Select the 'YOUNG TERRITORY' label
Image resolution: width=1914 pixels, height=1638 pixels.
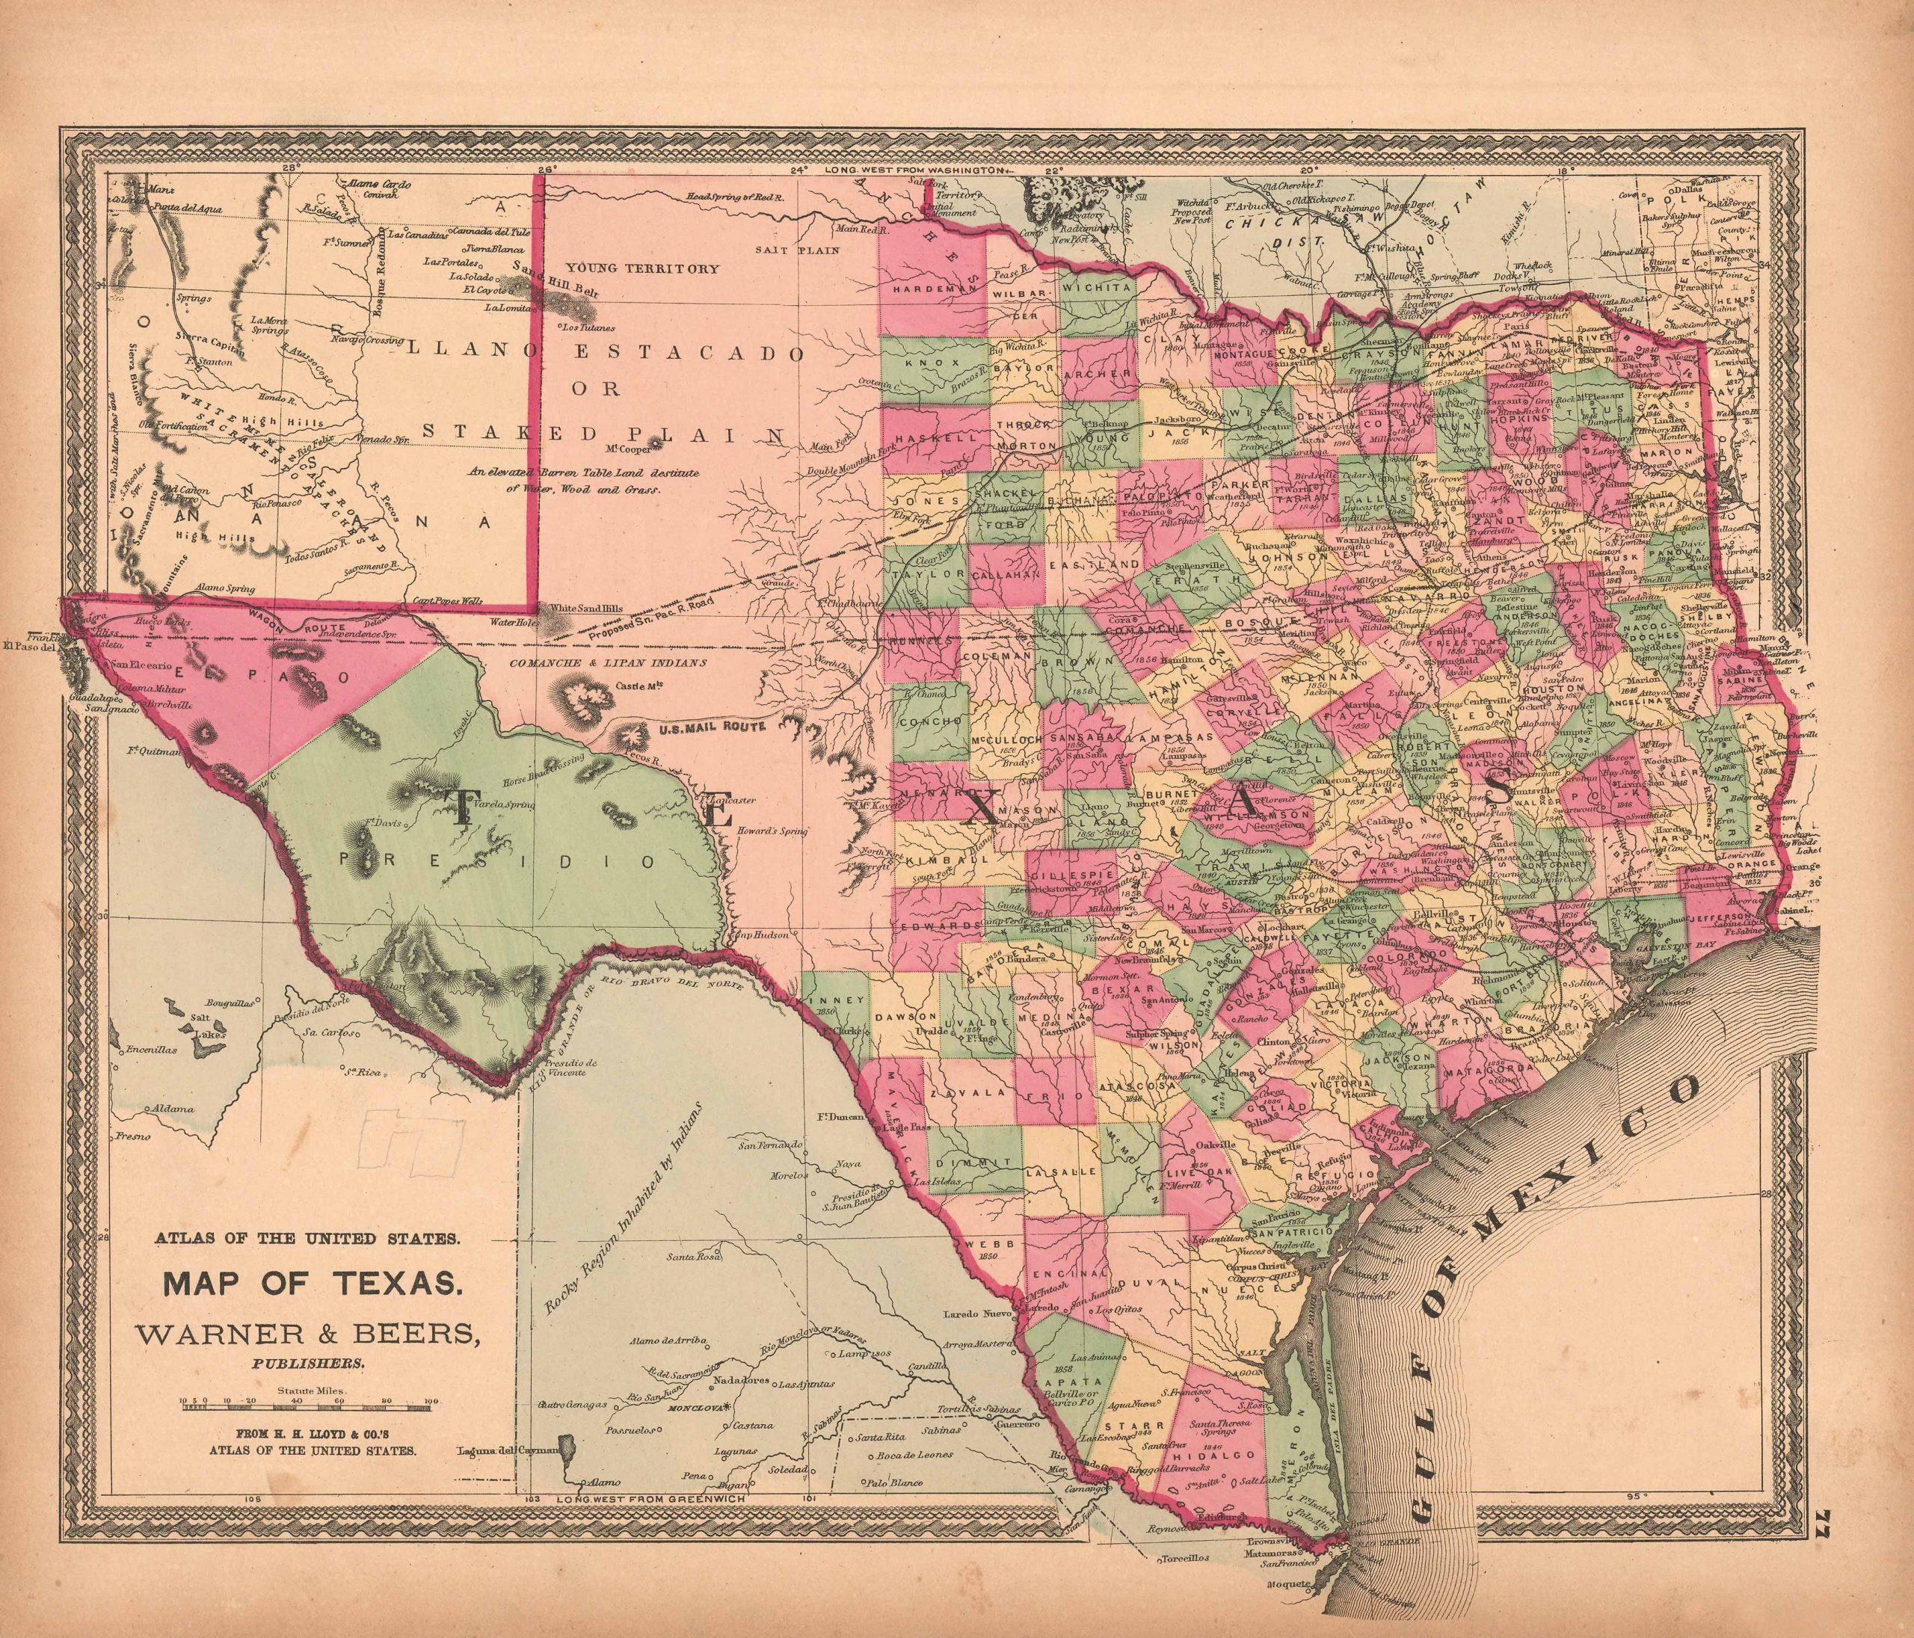pos(643,269)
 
